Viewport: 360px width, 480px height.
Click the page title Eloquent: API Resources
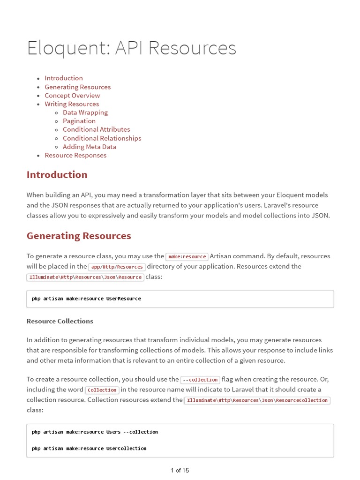(x=131, y=48)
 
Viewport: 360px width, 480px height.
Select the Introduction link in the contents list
(x=64, y=78)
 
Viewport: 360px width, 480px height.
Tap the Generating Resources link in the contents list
(x=78, y=87)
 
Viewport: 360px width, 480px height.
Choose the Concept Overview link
(x=72, y=96)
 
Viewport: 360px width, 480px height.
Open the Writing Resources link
(x=72, y=104)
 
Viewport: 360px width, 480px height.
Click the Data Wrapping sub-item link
(x=85, y=112)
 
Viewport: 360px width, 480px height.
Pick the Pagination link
(x=79, y=121)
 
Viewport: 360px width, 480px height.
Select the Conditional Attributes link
(x=97, y=129)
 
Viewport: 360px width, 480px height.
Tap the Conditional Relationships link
(x=102, y=138)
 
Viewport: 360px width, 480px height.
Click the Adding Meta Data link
(x=90, y=147)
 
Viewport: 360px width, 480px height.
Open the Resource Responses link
(x=75, y=155)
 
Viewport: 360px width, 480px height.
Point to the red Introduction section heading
(x=57, y=175)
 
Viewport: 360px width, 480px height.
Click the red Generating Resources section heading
(x=79, y=236)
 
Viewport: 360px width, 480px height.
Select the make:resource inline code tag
(x=187, y=256)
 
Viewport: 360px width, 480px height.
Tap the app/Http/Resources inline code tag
(x=117, y=267)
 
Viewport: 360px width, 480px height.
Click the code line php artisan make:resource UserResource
(x=86, y=299)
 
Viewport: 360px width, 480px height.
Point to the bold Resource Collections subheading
(x=60, y=321)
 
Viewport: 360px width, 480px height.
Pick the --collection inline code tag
(x=200, y=380)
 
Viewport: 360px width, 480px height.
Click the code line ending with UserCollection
(x=89, y=449)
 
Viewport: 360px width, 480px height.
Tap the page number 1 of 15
(x=180, y=470)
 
